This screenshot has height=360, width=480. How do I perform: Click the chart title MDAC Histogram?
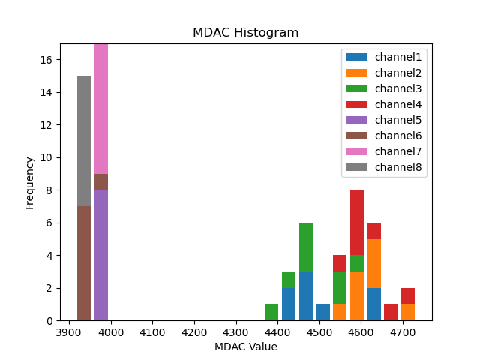click(x=245, y=33)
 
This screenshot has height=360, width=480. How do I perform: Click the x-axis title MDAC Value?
click(x=245, y=346)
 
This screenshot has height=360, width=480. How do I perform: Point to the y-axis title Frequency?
click(x=30, y=182)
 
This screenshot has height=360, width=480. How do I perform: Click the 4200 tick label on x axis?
click(x=194, y=331)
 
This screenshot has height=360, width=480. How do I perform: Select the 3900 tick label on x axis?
click(x=70, y=331)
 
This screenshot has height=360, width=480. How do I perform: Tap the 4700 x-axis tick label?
click(x=402, y=331)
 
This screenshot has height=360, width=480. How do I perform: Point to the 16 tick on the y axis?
click(x=46, y=60)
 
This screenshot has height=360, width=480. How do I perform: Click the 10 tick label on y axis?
click(x=46, y=157)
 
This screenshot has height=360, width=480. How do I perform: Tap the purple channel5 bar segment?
click(x=100, y=255)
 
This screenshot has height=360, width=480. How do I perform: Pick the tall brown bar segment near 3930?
click(x=84, y=263)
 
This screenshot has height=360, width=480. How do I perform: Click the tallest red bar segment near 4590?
click(x=357, y=223)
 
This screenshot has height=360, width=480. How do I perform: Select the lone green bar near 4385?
click(x=271, y=312)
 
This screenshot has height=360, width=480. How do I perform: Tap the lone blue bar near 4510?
click(x=322, y=312)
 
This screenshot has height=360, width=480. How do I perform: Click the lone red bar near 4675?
click(x=391, y=312)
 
